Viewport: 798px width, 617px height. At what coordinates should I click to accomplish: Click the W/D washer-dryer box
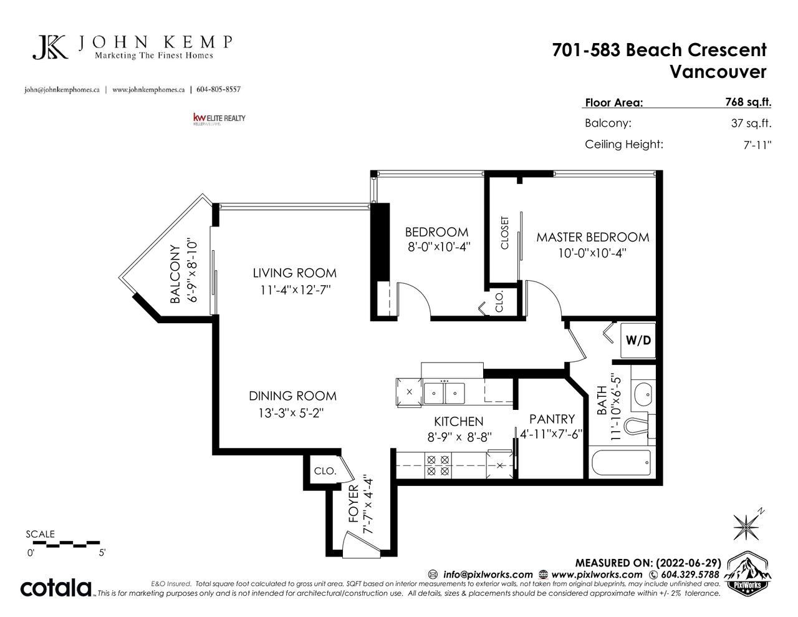point(638,340)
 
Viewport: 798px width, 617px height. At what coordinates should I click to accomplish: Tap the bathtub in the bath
point(622,463)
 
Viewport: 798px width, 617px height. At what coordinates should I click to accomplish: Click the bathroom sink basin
point(643,394)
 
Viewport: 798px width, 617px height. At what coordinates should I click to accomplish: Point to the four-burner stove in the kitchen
point(438,465)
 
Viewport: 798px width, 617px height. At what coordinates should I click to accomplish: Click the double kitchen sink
point(444,393)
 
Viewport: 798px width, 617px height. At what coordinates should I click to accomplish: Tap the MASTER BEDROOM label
point(593,238)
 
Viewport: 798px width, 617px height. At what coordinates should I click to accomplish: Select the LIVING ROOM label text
point(294,273)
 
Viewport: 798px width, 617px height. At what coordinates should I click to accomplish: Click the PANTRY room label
point(552,419)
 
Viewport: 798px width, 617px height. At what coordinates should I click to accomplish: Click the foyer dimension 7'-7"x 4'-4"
point(368,506)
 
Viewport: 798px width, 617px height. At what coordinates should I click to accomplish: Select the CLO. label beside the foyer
point(325,471)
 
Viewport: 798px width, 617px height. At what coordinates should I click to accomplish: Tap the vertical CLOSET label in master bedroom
point(505,233)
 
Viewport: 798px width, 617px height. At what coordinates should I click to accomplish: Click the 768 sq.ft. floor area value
point(748,102)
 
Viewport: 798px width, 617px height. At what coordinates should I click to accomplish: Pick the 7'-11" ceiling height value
point(757,145)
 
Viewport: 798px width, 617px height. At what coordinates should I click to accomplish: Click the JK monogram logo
point(50,47)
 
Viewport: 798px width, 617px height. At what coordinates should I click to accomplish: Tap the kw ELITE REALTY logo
point(219,119)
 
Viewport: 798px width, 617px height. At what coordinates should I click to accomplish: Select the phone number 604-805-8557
point(218,89)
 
